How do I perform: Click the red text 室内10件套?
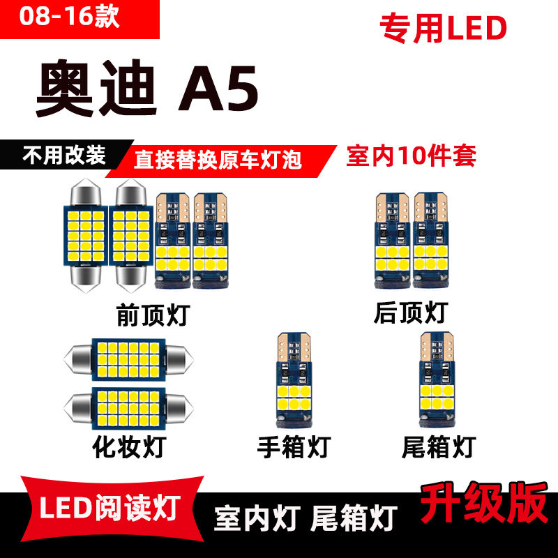click(411, 156)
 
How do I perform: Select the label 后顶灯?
click(410, 312)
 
